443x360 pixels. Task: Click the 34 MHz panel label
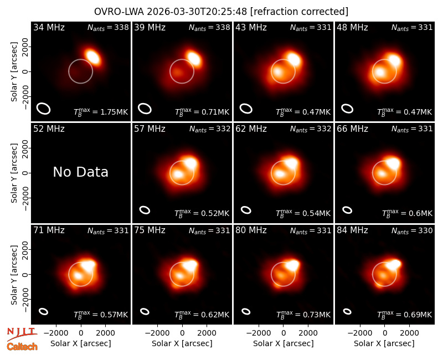tap(49, 27)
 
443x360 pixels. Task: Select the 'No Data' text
tap(80, 172)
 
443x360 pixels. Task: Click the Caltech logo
tap(22, 347)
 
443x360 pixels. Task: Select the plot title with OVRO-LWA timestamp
tap(221, 12)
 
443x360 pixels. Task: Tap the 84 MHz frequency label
tap(352, 230)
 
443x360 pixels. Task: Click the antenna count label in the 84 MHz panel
tap(412, 231)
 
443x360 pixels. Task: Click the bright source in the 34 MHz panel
tap(92, 57)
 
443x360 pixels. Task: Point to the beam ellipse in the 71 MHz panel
tap(43, 311)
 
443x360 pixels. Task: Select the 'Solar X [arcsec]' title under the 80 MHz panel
tap(283, 343)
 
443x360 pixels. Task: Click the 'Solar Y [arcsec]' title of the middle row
tap(14, 173)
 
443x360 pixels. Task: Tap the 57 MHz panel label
tap(150, 129)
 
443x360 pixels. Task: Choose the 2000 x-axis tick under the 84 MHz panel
tap(409, 333)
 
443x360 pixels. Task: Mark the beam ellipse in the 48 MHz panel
tap(347, 109)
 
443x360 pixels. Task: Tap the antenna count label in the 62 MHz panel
tap(311, 130)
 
